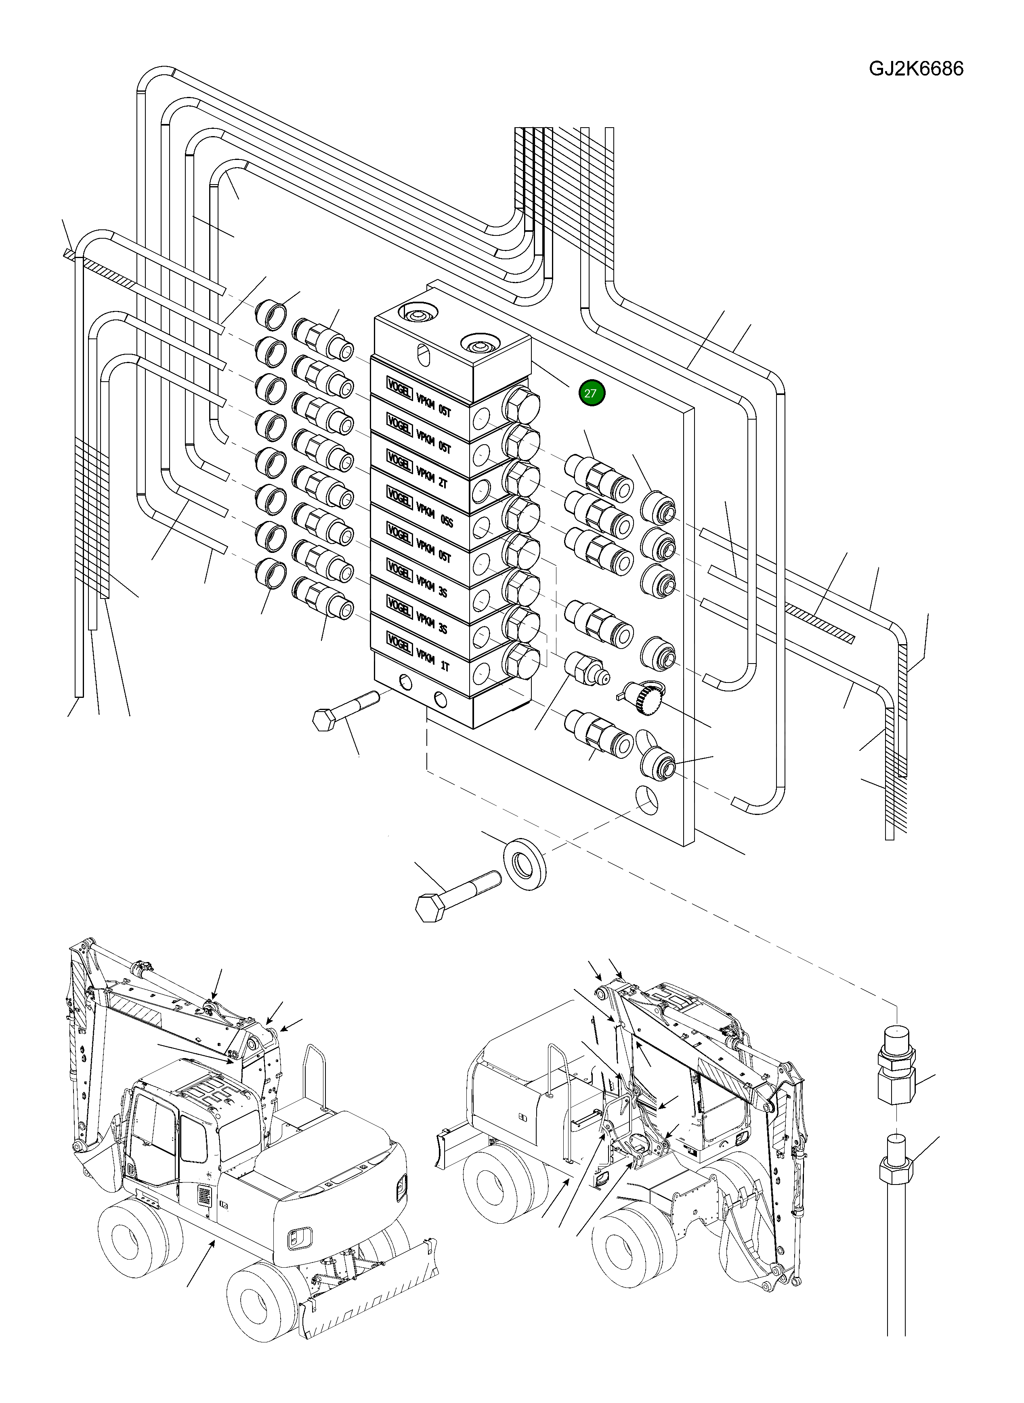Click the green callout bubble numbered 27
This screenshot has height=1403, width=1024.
click(591, 393)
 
